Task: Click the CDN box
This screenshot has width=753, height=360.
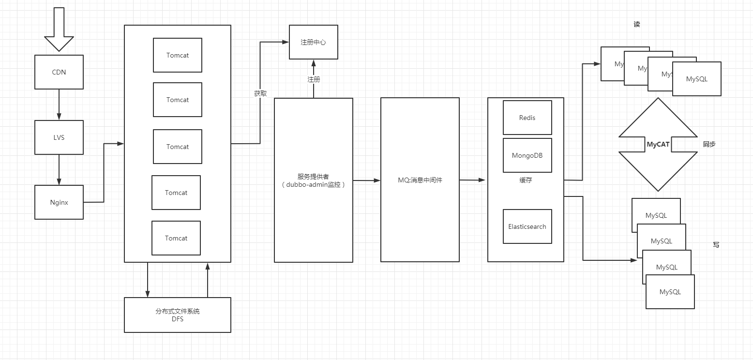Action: click(x=59, y=72)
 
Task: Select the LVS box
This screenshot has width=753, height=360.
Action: click(x=59, y=137)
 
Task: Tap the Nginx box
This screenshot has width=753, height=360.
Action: click(x=59, y=202)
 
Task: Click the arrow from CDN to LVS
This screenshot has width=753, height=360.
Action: click(x=59, y=105)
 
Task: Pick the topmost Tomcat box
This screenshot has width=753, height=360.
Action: click(x=178, y=55)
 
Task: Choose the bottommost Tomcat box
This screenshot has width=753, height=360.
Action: click(x=176, y=238)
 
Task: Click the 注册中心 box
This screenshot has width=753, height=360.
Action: click(x=313, y=42)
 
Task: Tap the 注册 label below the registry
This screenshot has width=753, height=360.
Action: click(x=314, y=79)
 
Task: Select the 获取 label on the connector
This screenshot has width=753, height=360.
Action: click(x=260, y=93)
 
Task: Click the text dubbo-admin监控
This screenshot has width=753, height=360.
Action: click(x=314, y=185)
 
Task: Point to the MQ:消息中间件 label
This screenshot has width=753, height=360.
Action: click(x=420, y=180)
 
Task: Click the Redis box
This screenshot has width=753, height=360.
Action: click(x=527, y=118)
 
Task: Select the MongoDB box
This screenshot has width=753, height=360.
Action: click(x=527, y=155)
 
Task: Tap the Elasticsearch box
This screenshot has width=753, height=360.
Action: click(x=527, y=226)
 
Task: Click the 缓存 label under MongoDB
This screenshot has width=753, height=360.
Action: click(x=526, y=180)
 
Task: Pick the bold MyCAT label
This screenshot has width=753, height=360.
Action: click(x=658, y=144)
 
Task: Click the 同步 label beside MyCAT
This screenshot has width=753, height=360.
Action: click(x=709, y=144)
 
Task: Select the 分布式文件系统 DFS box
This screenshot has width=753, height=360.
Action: click(x=178, y=315)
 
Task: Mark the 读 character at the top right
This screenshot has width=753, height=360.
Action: click(x=637, y=24)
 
